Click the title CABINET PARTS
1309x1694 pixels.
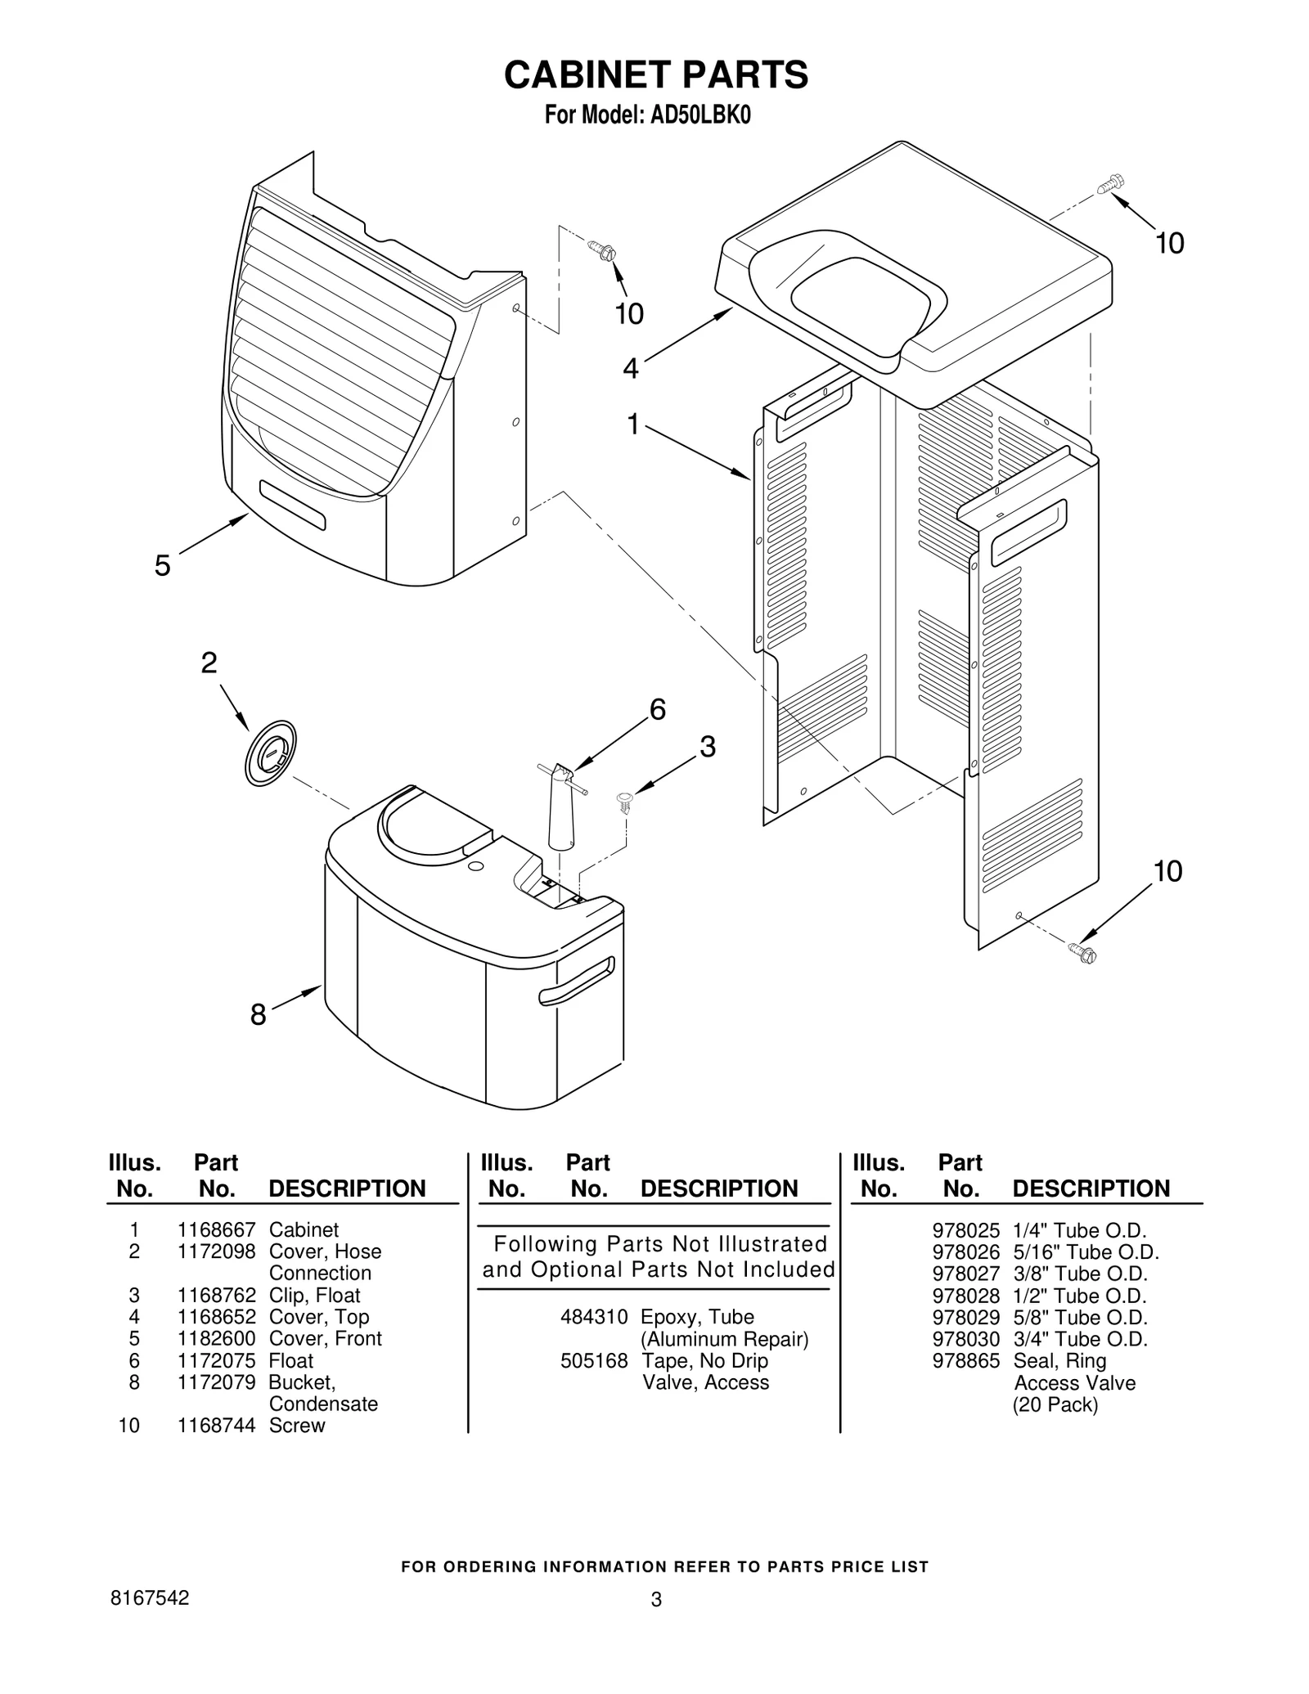(x=655, y=75)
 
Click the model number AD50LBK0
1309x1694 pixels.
(x=700, y=115)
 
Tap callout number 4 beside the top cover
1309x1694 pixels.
(x=630, y=369)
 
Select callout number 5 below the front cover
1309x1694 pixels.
(x=163, y=565)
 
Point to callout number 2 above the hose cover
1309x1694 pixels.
(x=209, y=663)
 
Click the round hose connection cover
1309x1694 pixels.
(x=271, y=753)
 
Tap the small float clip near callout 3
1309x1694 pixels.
(x=626, y=801)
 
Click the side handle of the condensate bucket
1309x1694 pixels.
(x=576, y=982)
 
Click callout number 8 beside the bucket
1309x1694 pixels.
(x=258, y=1016)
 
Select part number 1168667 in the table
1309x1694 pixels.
(x=217, y=1230)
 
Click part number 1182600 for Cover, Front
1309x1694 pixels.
(x=217, y=1338)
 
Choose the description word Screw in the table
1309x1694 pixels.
(x=297, y=1425)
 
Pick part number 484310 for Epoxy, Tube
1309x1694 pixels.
(x=594, y=1317)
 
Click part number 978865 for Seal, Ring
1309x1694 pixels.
(x=965, y=1360)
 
